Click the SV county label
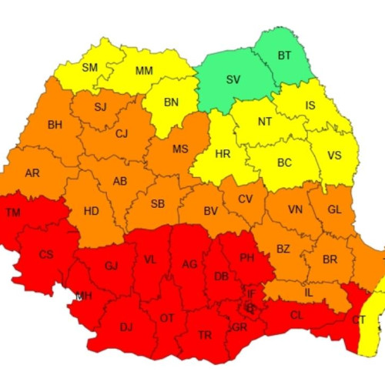[x=233, y=79]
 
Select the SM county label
[x=90, y=67]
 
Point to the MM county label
[x=143, y=71]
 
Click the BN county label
[x=171, y=102]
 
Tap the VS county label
[x=334, y=155]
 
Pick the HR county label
[x=223, y=154]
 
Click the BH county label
[x=55, y=125]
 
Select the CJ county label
[x=122, y=134]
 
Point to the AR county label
[x=32, y=173]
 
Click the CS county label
[x=46, y=254]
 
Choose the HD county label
[x=91, y=210]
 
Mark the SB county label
[x=157, y=204]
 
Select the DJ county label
[x=126, y=326]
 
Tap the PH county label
[x=246, y=258]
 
